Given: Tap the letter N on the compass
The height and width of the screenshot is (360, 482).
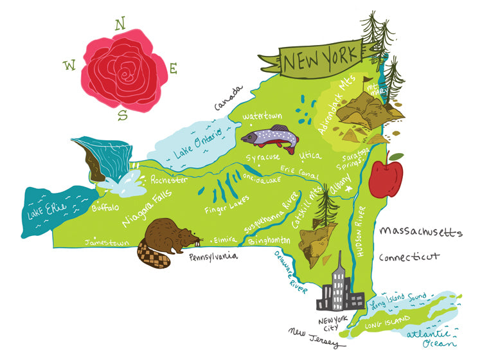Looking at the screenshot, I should pos(120,24).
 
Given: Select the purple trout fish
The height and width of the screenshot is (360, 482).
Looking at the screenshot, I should pos(270,137).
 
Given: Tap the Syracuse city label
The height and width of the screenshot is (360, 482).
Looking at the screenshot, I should pos(263,157).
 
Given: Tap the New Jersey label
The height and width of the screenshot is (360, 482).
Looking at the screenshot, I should pos(314,338).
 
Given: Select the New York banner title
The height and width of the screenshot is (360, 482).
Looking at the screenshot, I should pos(321,60).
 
